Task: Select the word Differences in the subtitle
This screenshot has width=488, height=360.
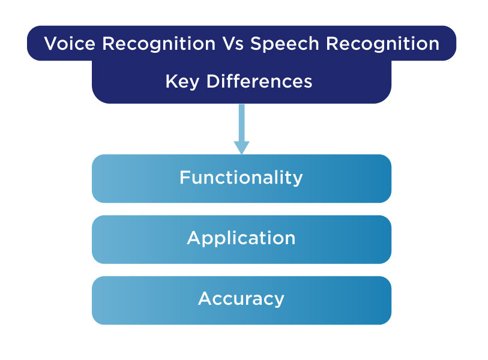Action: (x=259, y=81)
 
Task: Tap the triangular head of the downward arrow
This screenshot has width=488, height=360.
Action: (x=241, y=147)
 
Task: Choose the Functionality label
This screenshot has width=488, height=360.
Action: (x=241, y=178)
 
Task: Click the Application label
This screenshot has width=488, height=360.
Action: (x=241, y=238)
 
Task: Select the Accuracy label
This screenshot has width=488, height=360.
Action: (x=241, y=299)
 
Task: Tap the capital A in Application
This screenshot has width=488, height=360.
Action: (x=193, y=238)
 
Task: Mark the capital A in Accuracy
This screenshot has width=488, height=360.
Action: (x=204, y=298)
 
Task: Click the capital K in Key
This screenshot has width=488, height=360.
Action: (x=170, y=81)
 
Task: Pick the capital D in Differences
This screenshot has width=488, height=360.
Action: (x=212, y=81)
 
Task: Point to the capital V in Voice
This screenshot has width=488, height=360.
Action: (x=50, y=44)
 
